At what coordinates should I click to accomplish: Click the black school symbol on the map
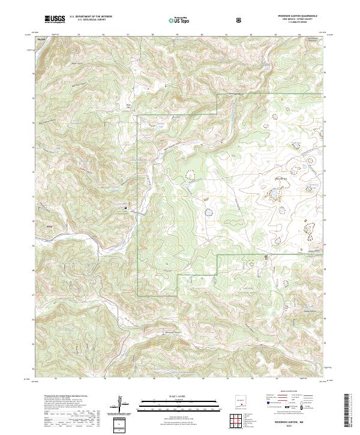125,208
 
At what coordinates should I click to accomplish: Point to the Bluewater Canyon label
173,334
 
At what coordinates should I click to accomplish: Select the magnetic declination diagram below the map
121,404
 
